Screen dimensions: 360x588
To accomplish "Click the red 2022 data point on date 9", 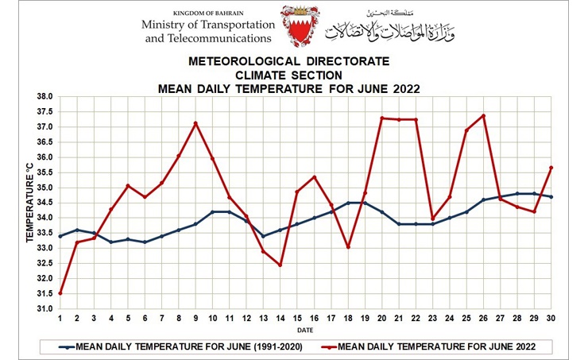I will tap(195, 123).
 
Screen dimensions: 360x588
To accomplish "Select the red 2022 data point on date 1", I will tap(60, 293).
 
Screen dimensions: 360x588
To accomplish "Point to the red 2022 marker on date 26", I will tap(483, 116).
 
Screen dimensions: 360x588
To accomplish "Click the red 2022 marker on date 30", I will tap(551, 168).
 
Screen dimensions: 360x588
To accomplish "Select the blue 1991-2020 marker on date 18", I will tap(348, 203).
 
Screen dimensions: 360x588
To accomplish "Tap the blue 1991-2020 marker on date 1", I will tap(60, 236).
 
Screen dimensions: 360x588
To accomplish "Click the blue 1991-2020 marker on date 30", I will tap(551, 197).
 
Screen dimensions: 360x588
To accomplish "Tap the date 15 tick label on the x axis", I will tap(297, 318).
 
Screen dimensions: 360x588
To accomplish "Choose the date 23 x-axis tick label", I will tap(433, 318).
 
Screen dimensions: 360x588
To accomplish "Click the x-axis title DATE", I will tap(305, 329).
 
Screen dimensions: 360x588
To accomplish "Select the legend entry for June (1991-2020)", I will tap(174, 346).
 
